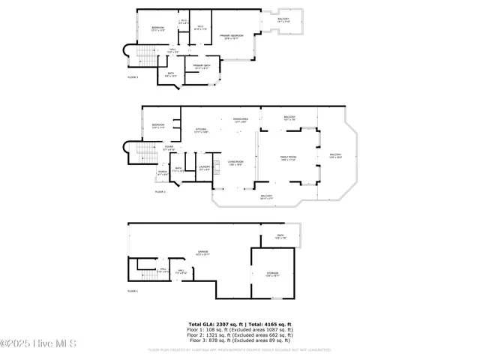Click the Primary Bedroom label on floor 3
232,37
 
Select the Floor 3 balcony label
283,21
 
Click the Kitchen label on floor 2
201,130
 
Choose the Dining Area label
240,121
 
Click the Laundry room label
204,169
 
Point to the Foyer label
169,148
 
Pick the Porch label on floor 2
162,173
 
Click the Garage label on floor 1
202,252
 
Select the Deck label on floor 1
279,237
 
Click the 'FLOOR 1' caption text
132,289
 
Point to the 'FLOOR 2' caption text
160,192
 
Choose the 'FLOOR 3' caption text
132,77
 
